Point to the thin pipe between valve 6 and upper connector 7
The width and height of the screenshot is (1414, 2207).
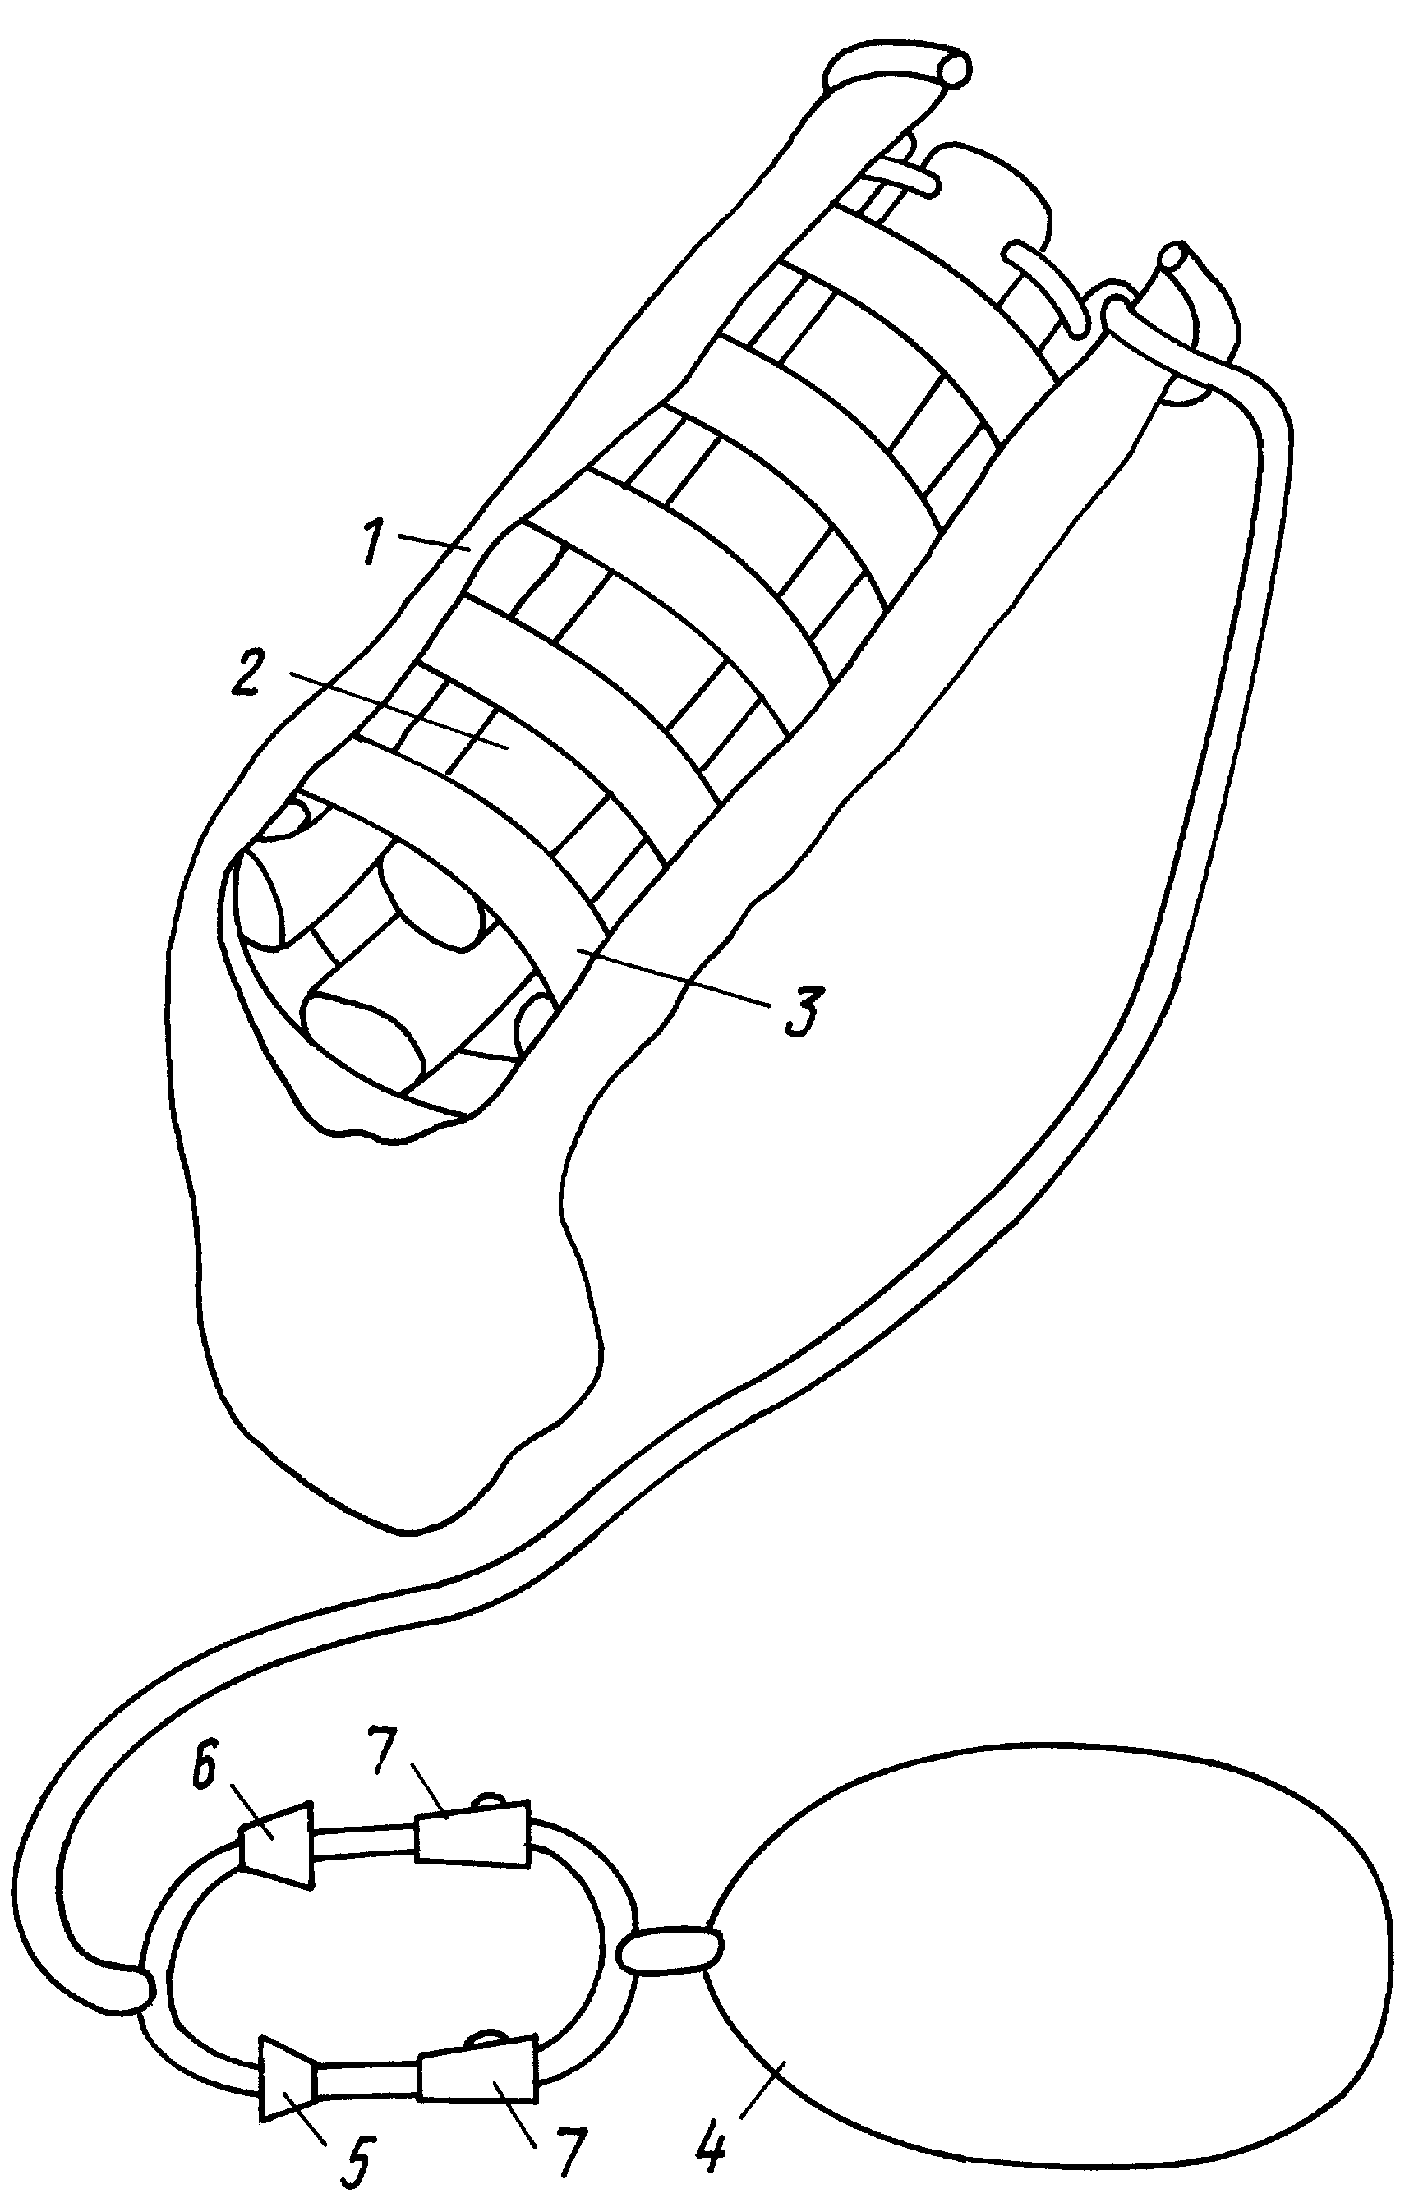[366, 1841]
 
